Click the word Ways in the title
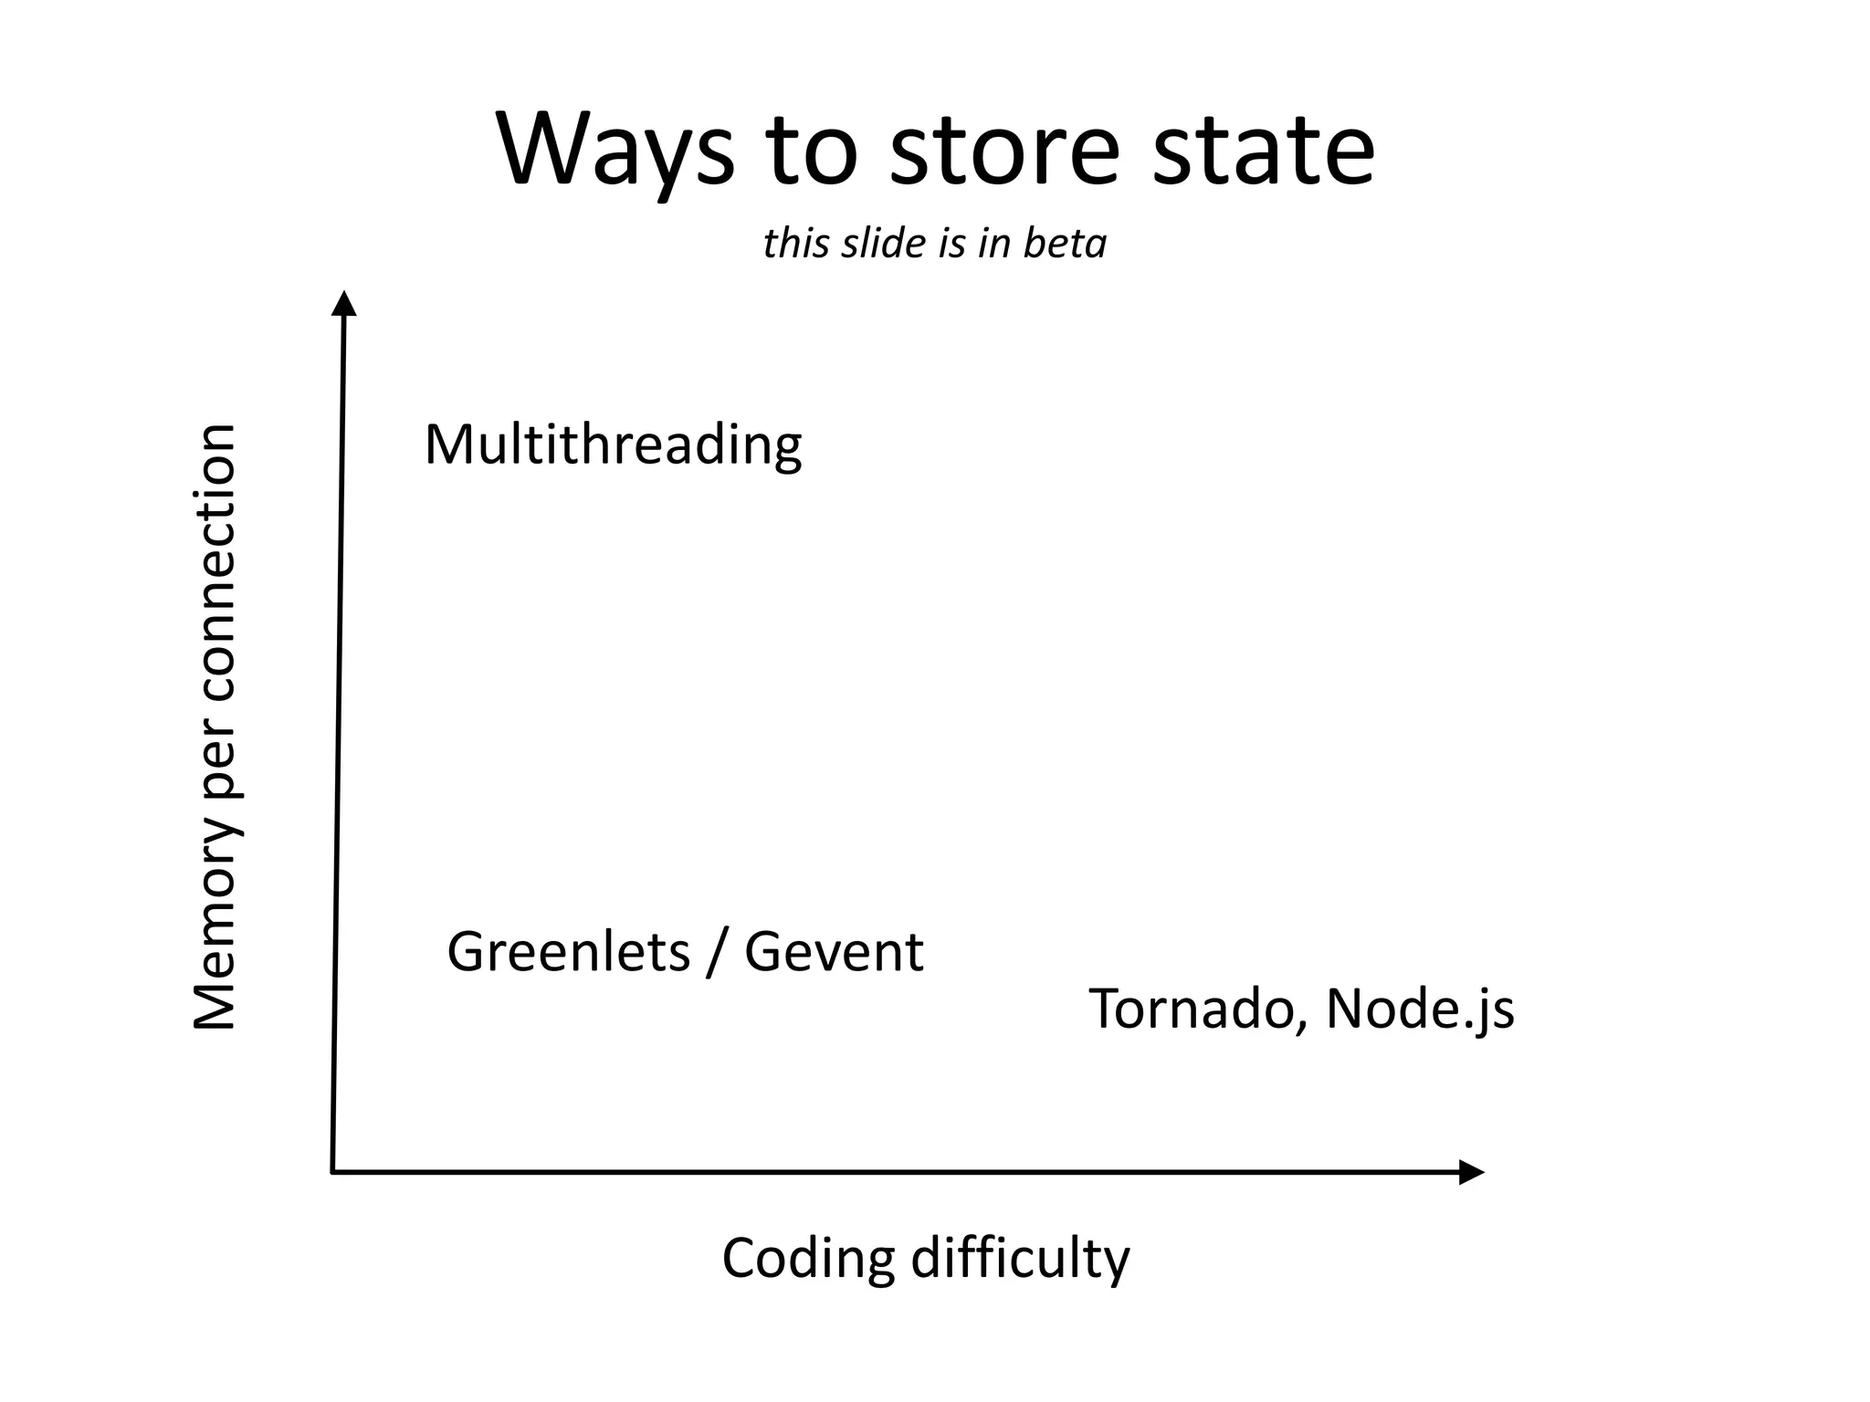click(615, 151)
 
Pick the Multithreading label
click(613, 445)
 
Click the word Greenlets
click(568, 952)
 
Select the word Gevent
click(834, 952)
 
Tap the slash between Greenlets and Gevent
click(718, 954)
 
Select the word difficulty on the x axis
click(1020, 1260)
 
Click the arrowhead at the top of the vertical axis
click(343, 303)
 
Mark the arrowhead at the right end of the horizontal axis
click(1471, 1172)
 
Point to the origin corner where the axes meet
click(332, 1171)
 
